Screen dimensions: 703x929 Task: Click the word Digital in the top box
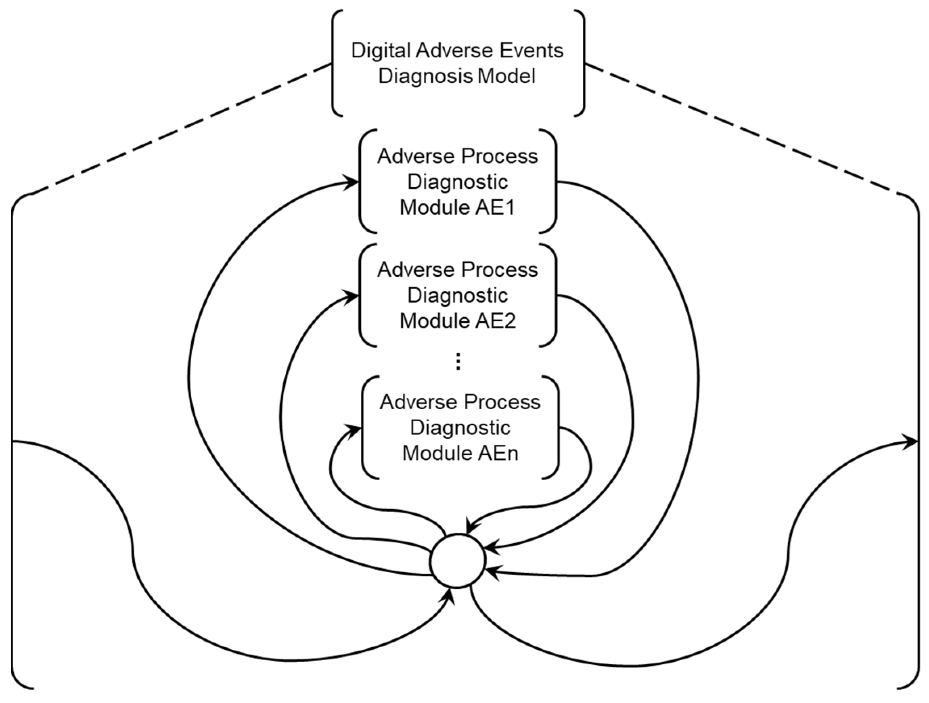(381, 51)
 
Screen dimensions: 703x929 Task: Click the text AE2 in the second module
(496, 321)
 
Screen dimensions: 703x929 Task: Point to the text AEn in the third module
(498, 453)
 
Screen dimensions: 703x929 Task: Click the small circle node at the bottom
(457, 561)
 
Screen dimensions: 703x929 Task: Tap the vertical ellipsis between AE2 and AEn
(458, 362)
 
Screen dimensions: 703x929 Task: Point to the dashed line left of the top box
(180, 129)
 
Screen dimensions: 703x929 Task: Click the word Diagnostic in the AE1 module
(457, 182)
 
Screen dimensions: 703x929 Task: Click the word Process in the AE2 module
(499, 270)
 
